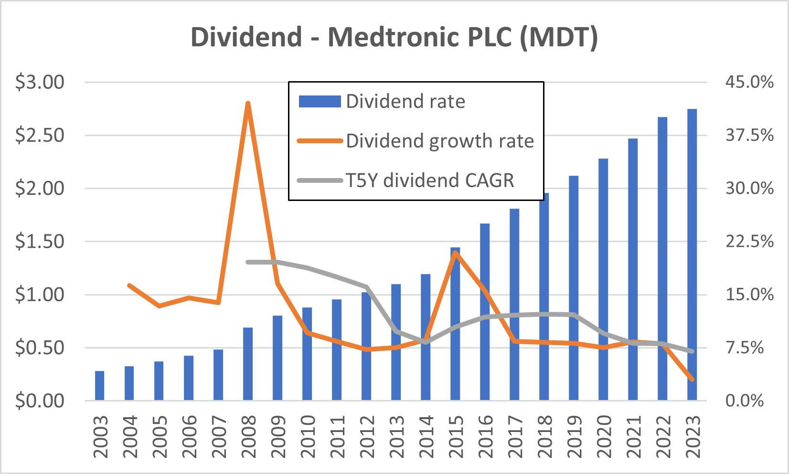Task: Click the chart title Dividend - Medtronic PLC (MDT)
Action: pyautogui.click(x=394, y=37)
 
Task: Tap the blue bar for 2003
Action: pyautogui.click(x=99, y=385)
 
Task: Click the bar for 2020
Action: pyautogui.click(x=603, y=279)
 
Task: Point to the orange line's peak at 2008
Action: pyautogui.click(x=247, y=103)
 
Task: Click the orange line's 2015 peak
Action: pyautogui.click(x=455, y=253)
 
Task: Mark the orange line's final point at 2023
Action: pyautogui.click(x=692, y=379)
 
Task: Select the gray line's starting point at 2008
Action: pyautogui.click(x=247, y=262)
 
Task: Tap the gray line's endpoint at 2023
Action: pyautogui.click(x=692, y=351)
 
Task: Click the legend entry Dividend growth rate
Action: pyautogui.click(x=439, y=141)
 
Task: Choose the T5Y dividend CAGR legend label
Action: pyautogui.click(x=430, y=180)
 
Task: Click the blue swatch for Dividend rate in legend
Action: pyautogui.click(x=320, y=101)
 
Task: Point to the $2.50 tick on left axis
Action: pyautogui.click(x=40, y=135)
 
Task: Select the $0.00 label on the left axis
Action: pyautogui.click(x=40, y=400)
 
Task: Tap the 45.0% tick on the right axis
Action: pyautogui.click(x=749, y=82)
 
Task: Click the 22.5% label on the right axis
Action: pyautogui.click(x=749, y=241)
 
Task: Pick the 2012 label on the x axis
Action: pyautogui.click(x=367, y=436)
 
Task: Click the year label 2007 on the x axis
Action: pyautogui.click(x=219, y=436)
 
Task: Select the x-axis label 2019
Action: pyautogui.click(x=574, y=436)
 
